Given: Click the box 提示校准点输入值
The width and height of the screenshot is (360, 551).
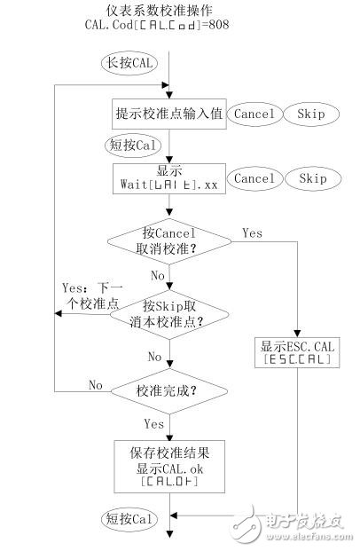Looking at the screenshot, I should pos(168,114).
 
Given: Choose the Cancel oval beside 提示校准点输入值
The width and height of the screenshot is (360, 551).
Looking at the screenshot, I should pos(254,114).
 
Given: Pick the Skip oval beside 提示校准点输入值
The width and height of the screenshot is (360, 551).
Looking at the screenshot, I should pos(311,114).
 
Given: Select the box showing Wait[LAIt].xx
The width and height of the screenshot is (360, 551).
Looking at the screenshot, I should pos(168,179).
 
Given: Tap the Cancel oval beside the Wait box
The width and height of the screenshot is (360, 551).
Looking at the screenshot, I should pos(254,179).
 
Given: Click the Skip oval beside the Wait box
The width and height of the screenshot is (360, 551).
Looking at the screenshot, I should pos(311,179).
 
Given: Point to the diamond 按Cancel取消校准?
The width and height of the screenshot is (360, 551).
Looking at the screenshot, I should pos(168,240).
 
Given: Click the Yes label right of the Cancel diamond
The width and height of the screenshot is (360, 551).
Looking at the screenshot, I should pos(253,232).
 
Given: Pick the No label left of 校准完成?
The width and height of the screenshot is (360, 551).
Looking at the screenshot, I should pos(96,383).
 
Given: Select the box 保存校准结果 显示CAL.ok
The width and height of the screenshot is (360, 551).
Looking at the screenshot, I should pos(168,464).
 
